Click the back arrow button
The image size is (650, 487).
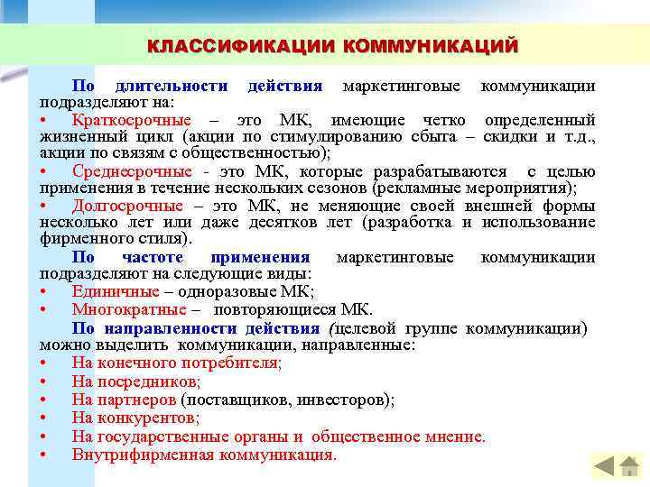click(x=603, y=466)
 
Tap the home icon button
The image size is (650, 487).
click(x=630, y=466)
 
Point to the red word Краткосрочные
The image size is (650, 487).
click(x=132, y=120)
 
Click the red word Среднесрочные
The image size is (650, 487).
click(x=132, y=171)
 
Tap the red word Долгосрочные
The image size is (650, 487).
click(x=127, y=206)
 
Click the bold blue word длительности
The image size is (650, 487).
click(x=171, y=86)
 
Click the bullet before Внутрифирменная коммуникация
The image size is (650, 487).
click(x=44, y=454)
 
